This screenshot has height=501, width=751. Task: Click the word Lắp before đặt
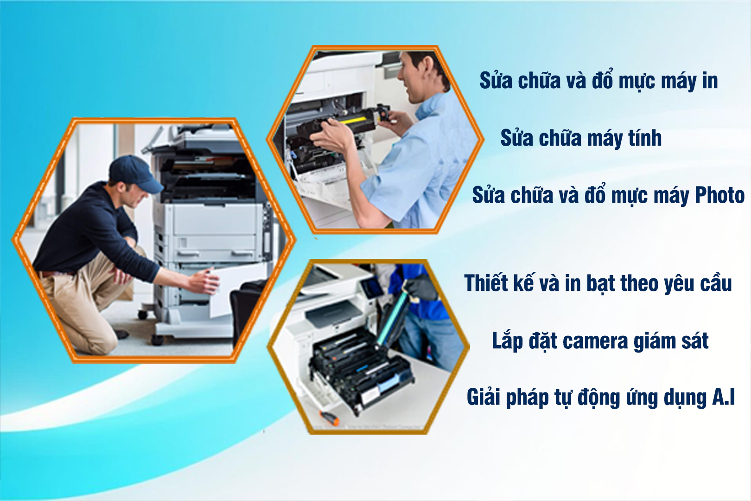click(x=507, y=341)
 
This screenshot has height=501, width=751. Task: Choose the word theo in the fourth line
click(x=640, y=283)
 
